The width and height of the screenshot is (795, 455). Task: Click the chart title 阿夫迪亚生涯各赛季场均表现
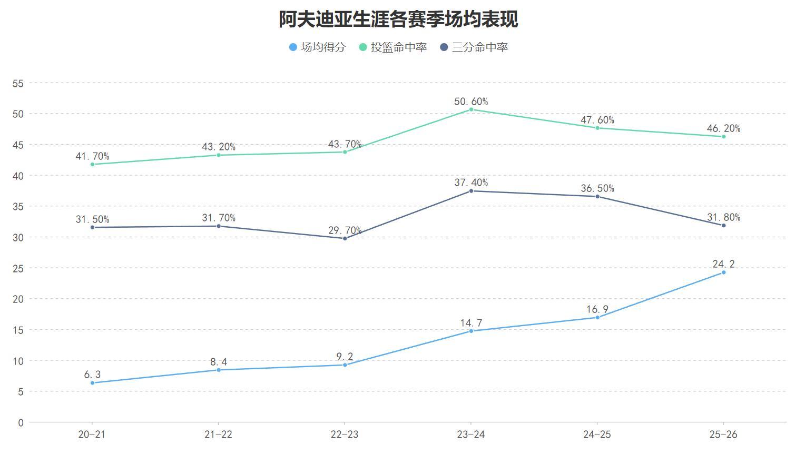pyautogui.click(x=398, y=19)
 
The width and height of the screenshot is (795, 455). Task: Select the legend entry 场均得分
pyautogui.click(x=317, y=47)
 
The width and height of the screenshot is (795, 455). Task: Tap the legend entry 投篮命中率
pyautogui.click(x=392, y=47)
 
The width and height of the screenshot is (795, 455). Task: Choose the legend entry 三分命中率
pyautogui.click(x=474, y=47)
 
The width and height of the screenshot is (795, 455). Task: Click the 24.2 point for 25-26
pyautogui.click(x=723, y=272)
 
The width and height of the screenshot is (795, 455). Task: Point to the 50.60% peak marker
pyautogui.click(x=471, y=109)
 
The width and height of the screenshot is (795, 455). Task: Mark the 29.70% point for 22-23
pyautogui.click(x=345, y=238)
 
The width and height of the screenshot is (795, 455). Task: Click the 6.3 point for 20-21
pyautogui.click(x=93, y=383)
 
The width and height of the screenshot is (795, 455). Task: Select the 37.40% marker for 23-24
pyautogui.click(x=471, y=191)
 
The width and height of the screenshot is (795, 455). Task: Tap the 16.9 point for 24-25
pyautogui.click(x=597, y=317)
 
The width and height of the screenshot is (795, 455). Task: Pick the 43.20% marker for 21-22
pyautogui.click(x=219, y=155)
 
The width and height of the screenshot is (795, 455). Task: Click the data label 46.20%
pyautogui.click(x=723, y=128)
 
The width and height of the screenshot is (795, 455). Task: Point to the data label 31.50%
pyautogui.click(x=93, y=219)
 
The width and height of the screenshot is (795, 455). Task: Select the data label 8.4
pyautogui.click(x=219, y=362)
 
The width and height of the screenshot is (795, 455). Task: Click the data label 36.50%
pyautogui.click(x=597, y=188)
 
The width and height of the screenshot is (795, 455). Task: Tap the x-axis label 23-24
pyautogui.click(x=471, y=434)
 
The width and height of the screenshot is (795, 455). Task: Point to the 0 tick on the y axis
pyautogui.click(x=21, y=422)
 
